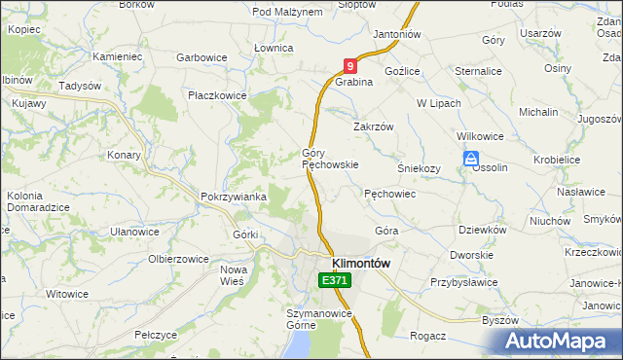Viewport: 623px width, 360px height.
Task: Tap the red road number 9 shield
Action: point(350,66)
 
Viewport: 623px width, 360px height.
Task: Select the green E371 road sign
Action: point(334,280)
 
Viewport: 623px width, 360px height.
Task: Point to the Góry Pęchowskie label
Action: point(330,159)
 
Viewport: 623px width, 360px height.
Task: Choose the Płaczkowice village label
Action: point(217,95)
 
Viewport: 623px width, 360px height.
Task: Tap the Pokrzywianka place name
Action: point(233,197)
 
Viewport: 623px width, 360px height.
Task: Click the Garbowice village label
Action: point(202,57)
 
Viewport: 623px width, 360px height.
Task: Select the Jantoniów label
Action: point(396,33)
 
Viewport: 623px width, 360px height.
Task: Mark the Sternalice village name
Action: point(479,71)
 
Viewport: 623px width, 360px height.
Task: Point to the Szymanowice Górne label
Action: point(318,319)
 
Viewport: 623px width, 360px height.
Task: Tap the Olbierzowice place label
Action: point(178,259)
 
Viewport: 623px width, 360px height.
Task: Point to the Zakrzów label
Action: point(372,126)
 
